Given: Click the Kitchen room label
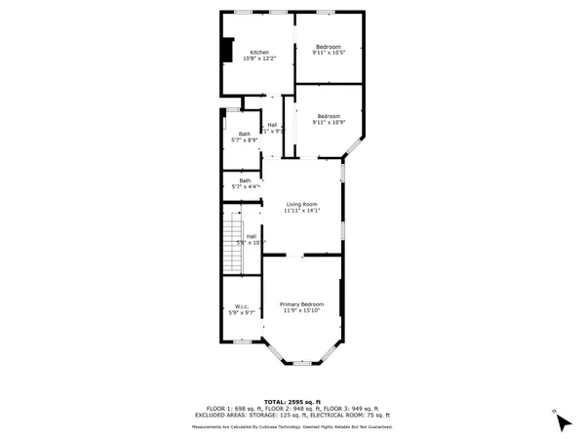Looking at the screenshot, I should coord(259,53).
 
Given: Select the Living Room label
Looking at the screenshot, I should coord(301,204).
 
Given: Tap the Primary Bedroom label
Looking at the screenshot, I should coord(301,304).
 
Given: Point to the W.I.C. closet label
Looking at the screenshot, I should coord(240,306).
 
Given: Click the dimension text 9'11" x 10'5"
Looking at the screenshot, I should coord(328,54).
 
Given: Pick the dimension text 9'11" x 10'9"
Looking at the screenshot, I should coord(328,123).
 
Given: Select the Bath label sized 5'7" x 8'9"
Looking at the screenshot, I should coord(244,134).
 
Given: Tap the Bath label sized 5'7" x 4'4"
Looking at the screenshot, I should coord(245,180).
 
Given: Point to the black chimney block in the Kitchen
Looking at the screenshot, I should coord(227,50).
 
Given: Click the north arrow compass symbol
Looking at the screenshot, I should coord(562,421).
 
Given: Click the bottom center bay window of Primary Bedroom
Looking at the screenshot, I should coord(302,363).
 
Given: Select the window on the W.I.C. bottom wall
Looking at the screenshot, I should coord(241,340).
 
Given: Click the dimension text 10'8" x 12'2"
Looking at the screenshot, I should coord(259,60).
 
